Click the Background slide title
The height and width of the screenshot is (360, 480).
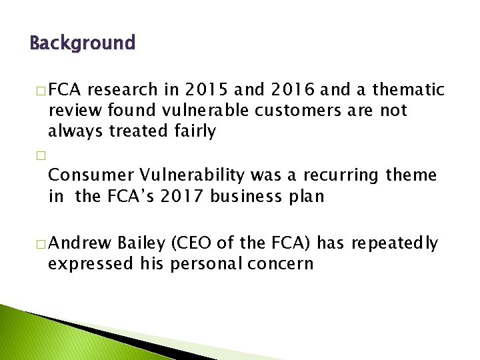(83, 44)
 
